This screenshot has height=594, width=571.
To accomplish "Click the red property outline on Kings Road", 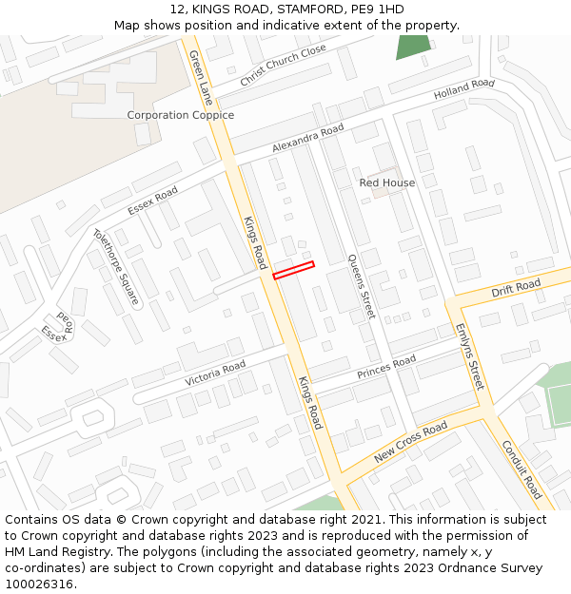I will coord(293,270).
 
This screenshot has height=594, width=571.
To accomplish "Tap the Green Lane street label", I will coord(201,78).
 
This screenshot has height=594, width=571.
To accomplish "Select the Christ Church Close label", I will coord(283,65).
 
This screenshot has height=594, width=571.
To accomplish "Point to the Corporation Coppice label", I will coord(181,115).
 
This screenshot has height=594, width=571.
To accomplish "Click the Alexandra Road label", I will coord(307,139).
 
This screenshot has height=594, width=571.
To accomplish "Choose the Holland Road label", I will coord(464,90).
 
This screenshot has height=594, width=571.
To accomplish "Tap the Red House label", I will coord(387,182).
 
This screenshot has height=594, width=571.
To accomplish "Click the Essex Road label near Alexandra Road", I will coord(152,201).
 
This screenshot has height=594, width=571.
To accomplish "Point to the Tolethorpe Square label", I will coord(116,266).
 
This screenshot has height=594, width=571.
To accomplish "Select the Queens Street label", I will coord(362,285).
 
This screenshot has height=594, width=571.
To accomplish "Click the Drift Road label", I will coord(516,287).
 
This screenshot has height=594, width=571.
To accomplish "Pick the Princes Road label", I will coord(386,368).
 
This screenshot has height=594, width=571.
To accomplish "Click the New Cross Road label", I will coord(410,443).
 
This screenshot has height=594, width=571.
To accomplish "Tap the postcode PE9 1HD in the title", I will coord(377,10).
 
